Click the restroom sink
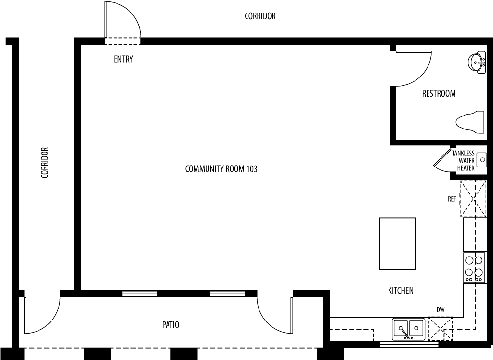point(477,62)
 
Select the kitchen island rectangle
point(398,244)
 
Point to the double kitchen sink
point(408,329)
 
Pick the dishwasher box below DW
point(440,328)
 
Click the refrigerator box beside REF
point(474,199)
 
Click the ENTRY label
point(123,59)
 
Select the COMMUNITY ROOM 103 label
point(221,169)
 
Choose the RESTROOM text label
point(439,94)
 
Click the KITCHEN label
point(401,291)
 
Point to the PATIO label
point(171,325)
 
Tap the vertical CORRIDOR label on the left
point(45,163)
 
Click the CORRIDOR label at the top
point(260,16)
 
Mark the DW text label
point(441,310)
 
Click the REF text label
point(452,199)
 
